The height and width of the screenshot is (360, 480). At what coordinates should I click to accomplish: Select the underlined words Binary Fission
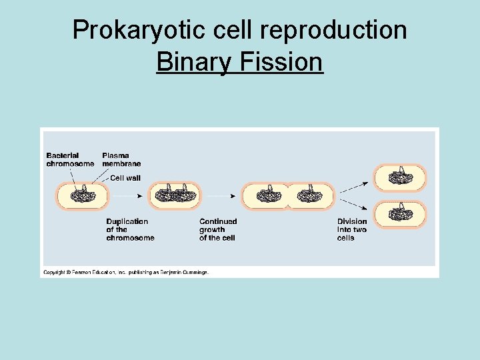click(239, 63)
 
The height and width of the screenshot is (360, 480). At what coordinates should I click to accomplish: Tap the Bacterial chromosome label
click(70, 159)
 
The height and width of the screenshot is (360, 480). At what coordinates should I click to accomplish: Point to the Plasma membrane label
click(121, 159)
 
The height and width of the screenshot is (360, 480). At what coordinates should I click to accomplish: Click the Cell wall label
click(125, 178)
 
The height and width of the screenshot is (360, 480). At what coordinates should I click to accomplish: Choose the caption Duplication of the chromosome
click(130, 229)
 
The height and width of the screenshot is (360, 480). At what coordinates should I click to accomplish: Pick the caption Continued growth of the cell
click(218, 229)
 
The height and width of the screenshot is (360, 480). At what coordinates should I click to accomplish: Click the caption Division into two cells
click(351, 229)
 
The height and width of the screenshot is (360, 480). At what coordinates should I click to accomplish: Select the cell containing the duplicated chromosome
click(177, 196)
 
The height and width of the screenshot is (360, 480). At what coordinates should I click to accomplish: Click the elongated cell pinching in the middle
click(287, 196)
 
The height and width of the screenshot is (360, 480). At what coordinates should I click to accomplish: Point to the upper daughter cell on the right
click(399, 177)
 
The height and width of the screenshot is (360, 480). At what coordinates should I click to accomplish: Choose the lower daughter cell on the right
click(399, 214)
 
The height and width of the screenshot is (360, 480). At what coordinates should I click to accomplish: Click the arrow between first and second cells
click(127, 196)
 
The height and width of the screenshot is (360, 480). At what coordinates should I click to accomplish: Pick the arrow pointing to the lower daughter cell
click(355, 205)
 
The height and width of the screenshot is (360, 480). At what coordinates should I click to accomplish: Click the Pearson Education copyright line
click(126, 272)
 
